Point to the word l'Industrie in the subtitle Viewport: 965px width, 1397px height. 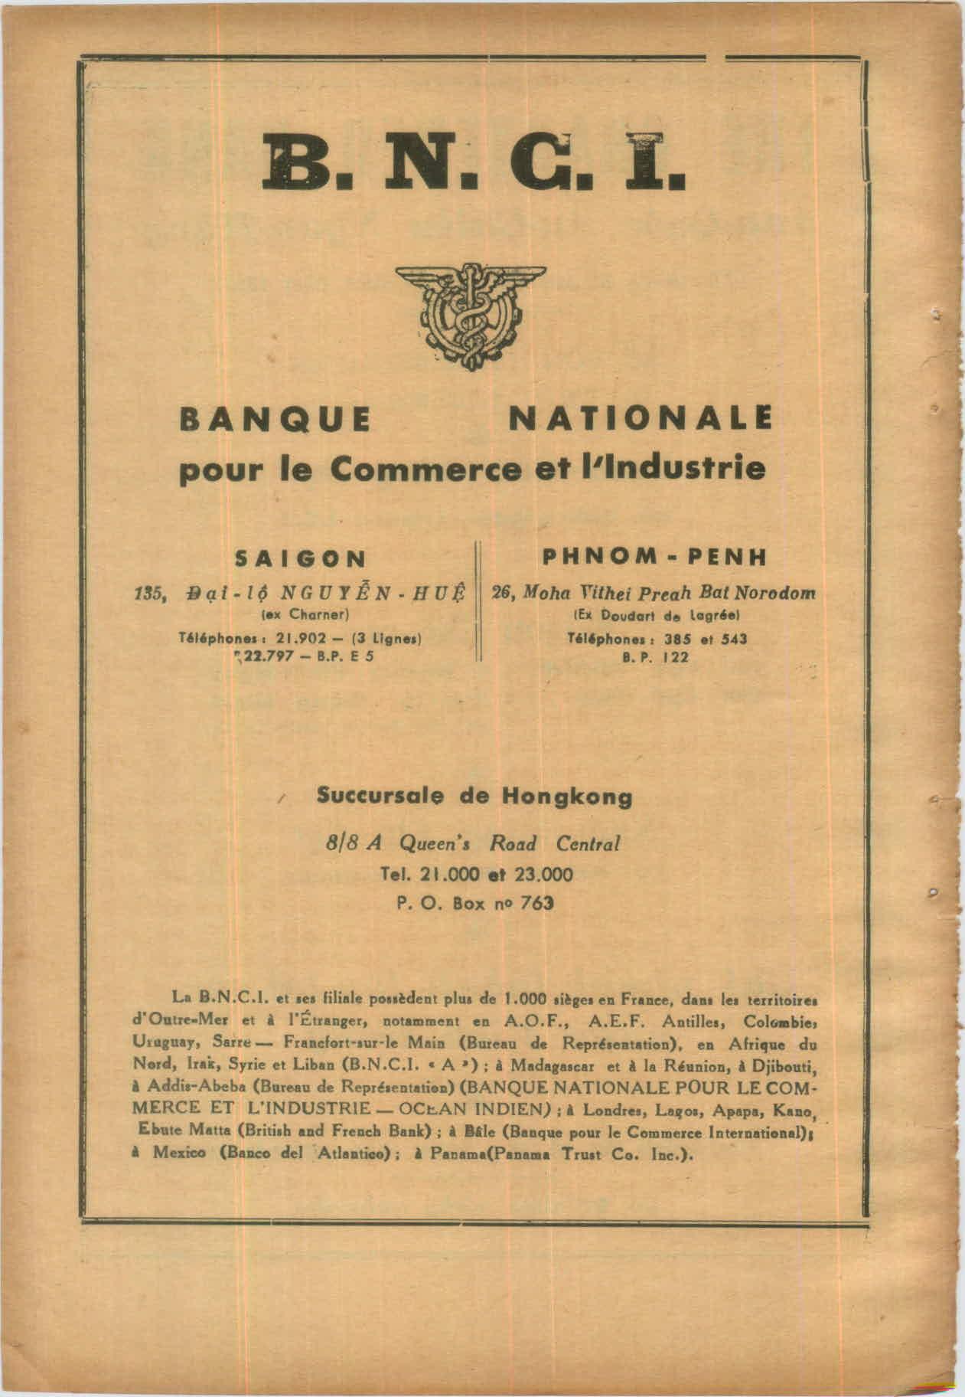pos(675,467)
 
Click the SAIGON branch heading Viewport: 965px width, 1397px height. pos(300,558)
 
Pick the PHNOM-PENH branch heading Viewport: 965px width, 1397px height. pos(654,557)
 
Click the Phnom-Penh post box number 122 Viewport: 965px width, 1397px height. pos(676,657)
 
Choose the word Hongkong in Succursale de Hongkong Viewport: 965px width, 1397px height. pos(566,797)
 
